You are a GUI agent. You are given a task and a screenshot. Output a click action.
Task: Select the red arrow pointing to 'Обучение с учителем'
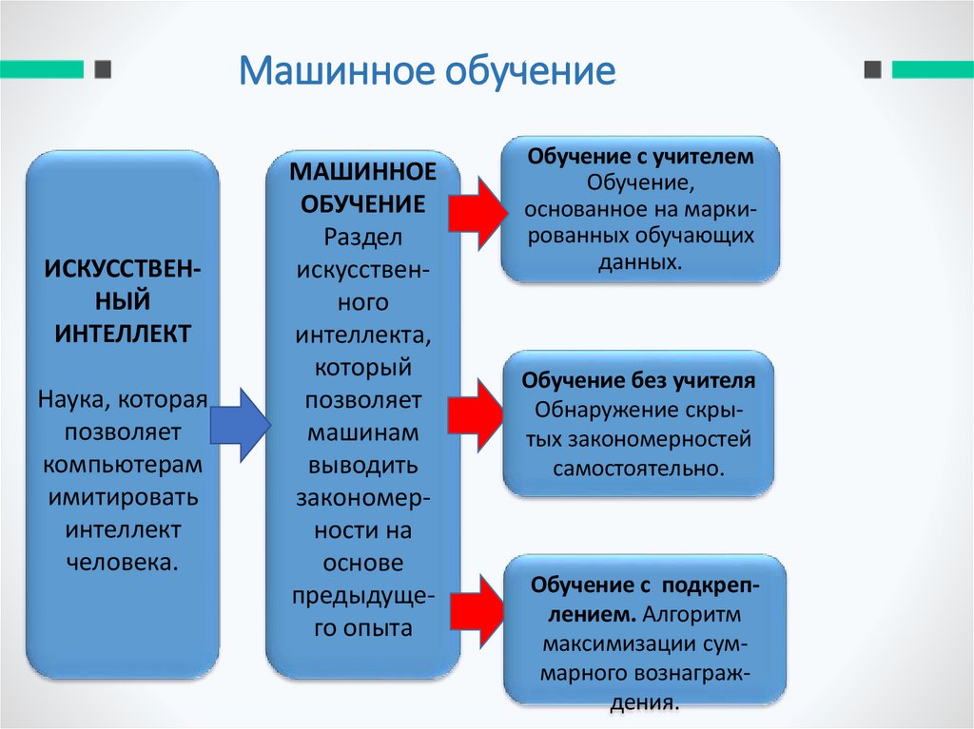click(x=478, y=210)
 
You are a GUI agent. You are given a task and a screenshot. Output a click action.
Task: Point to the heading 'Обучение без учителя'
click(x=638, y=381)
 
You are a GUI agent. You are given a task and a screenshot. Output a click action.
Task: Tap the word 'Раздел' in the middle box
click(x=362, y=234)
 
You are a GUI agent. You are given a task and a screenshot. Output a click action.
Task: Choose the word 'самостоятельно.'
click(x=638, y=469)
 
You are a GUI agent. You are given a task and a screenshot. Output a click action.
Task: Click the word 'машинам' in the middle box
click(x=362, y=432)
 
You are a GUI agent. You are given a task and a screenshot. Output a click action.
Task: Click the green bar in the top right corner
click(x=931, y=69)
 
